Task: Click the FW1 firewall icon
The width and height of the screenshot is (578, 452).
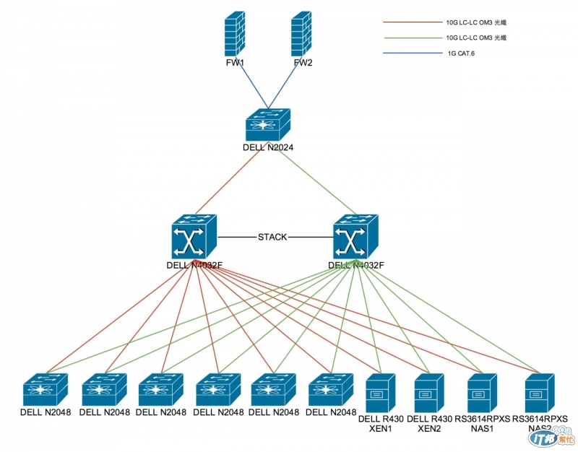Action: (236, 35)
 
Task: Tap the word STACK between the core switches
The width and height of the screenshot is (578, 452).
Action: (272, 237)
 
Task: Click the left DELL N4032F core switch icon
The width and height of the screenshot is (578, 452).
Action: (192, 238)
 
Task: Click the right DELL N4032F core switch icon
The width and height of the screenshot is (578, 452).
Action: (355, 238)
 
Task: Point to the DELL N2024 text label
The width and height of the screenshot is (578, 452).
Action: (267, 147)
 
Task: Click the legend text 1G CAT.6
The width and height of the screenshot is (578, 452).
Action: (462, 53)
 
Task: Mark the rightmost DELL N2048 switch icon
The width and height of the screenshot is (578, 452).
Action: (332, 391)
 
